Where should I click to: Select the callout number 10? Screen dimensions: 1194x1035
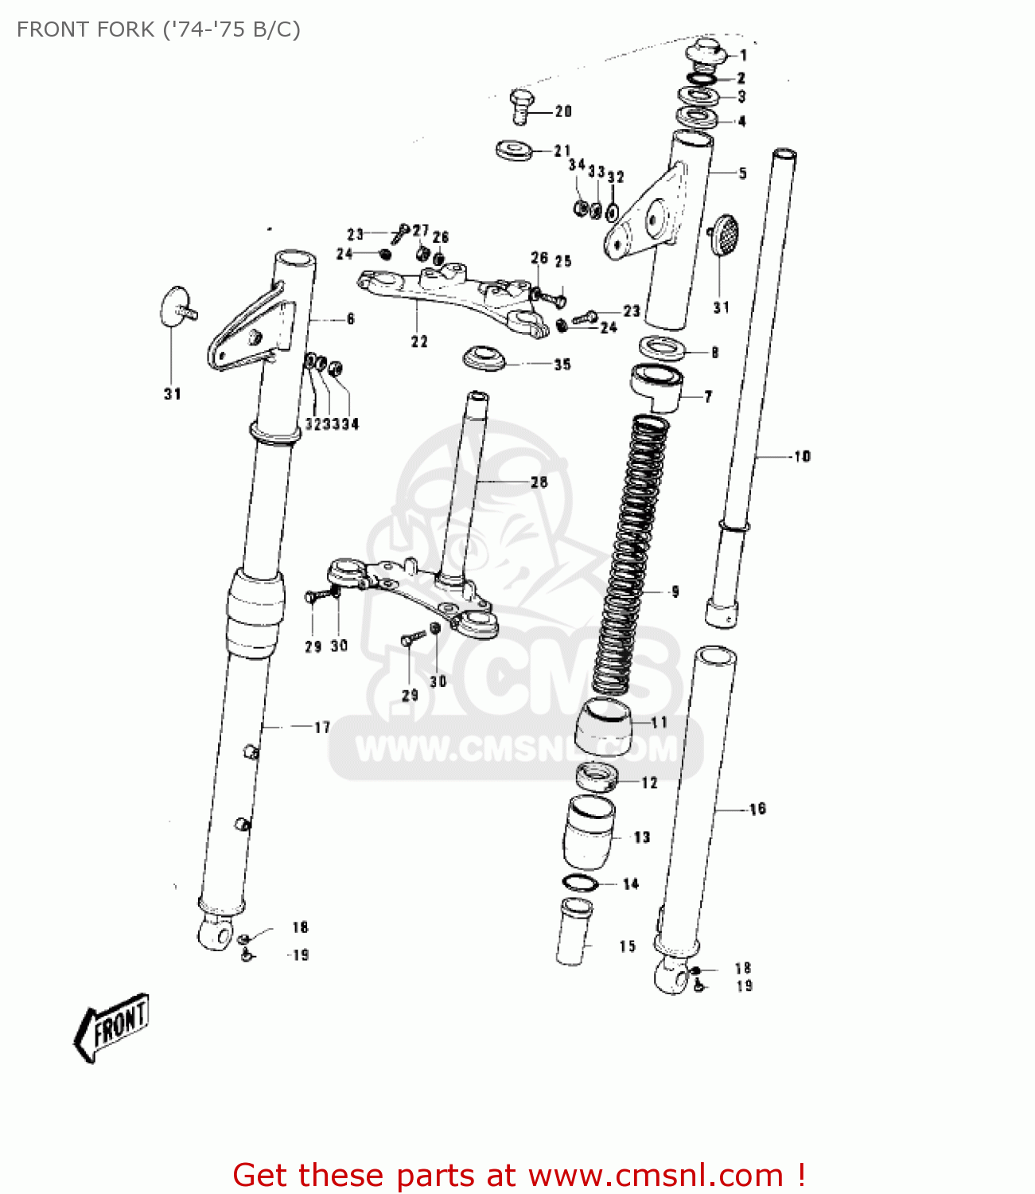[x=802, y=456]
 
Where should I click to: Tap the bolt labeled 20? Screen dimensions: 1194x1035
[x=519, y=106]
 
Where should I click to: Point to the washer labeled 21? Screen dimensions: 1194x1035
[x=514, y=150]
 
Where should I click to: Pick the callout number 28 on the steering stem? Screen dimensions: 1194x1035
[x=539, y=482]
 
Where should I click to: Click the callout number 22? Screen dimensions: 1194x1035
[x=419, y=341]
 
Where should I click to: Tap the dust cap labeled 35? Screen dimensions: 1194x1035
[x=484, y=357]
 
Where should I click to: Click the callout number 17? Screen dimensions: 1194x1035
[x=321, y=727]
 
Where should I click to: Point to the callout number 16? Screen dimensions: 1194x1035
[x=757, y=809]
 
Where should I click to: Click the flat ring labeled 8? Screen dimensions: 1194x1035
[x=662, y=348]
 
